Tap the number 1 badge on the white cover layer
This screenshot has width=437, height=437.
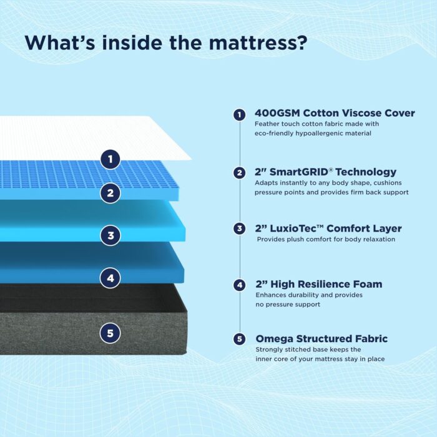point(110,159)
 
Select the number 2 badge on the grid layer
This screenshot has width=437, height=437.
point(110,193)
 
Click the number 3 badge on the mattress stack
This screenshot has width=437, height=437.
point(110,235)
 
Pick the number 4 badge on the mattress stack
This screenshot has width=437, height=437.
point(110,278)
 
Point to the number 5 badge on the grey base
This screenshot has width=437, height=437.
point(110,333)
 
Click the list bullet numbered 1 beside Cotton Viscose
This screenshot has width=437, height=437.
point(239,114)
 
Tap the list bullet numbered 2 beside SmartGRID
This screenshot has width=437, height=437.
point(239,173)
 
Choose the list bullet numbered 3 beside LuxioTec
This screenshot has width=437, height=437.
point(239,229)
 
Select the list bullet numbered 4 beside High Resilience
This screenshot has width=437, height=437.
point(240,285)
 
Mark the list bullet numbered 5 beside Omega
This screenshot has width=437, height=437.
point(239,339)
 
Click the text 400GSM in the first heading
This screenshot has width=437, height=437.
point(277,113)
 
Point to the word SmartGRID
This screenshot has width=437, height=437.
point(299,172)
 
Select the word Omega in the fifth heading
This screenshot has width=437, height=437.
point(274,339)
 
